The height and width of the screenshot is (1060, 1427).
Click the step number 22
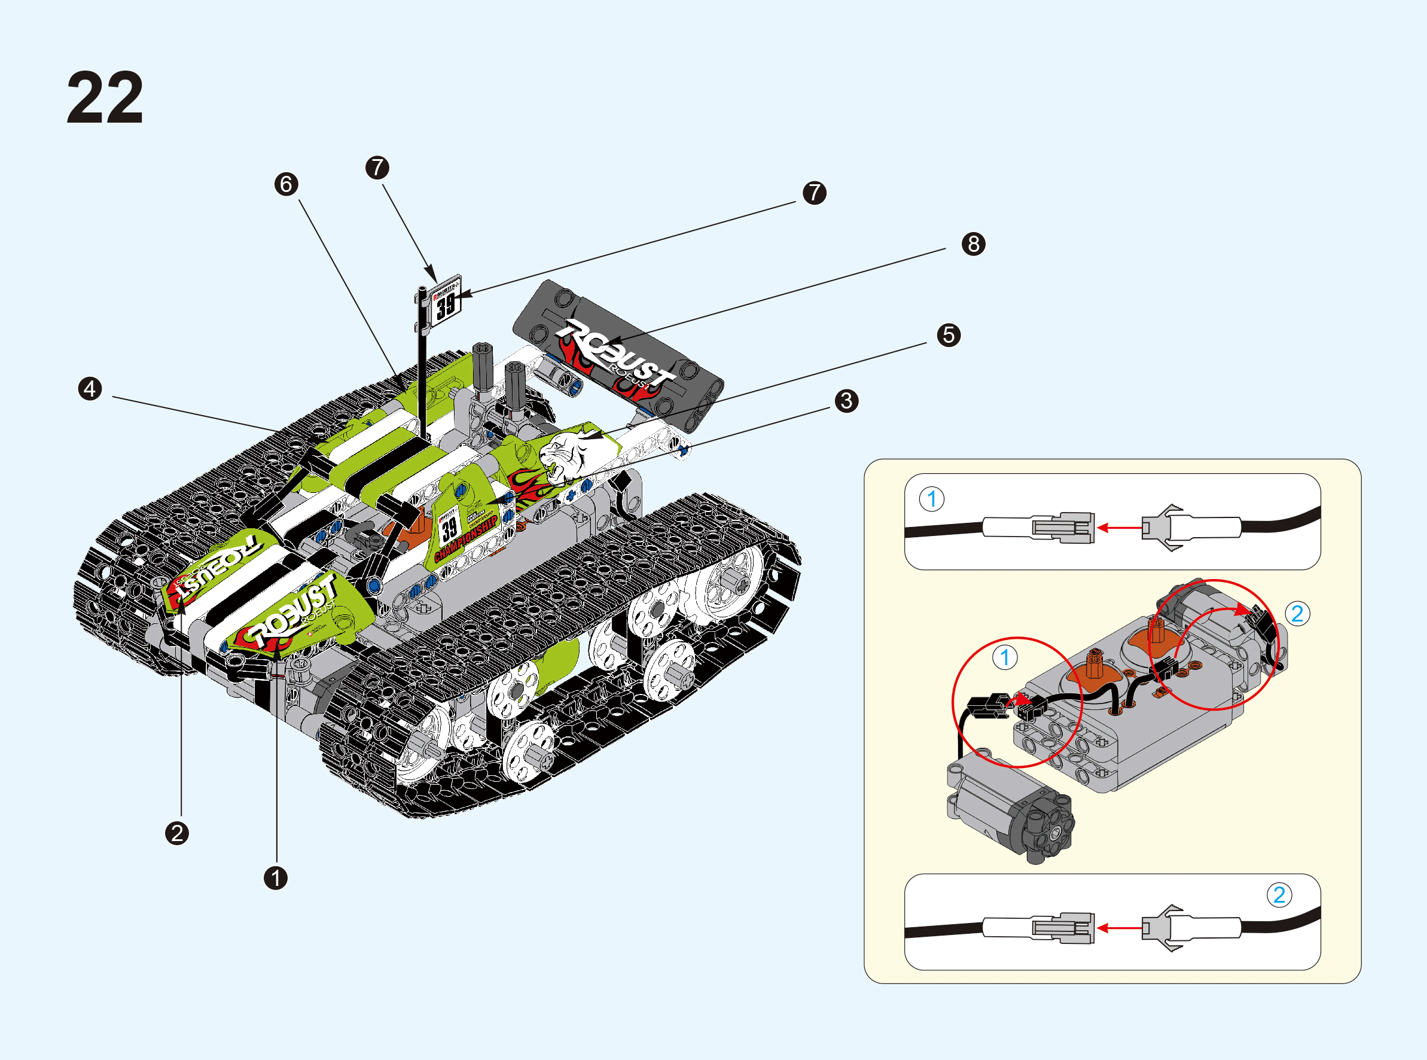click(105, 98)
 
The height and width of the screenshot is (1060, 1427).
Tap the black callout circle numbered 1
click(276, 878)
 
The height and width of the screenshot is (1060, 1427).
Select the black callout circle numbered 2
click(177, 833)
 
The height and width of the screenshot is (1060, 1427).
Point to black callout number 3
click(847, 400)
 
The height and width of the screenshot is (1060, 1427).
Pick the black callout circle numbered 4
click(90, 388)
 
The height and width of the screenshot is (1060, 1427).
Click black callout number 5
click(949, 335)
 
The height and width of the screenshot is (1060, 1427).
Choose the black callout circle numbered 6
click(286, 184)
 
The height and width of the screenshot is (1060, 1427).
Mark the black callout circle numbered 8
click(974, 244)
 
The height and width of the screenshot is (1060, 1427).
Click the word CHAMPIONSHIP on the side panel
click(466, 539)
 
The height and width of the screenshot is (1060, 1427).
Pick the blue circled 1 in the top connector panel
click(932, 498)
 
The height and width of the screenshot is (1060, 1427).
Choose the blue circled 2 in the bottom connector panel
click(1279, 894)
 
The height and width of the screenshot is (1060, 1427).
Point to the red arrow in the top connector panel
click(1119, 528)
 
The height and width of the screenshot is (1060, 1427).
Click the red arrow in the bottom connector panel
click(1119, 928)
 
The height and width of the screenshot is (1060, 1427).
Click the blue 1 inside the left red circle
click(1005, 657)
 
